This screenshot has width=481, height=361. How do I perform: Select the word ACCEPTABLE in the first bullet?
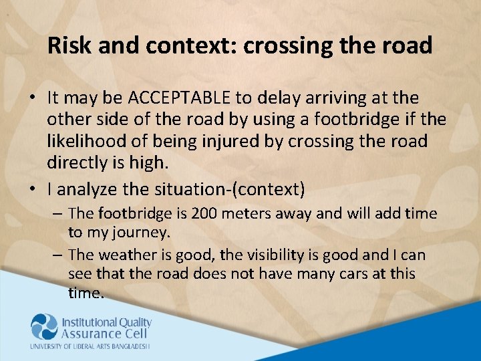point(178,98)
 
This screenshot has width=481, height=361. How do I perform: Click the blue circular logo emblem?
point(44,327)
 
